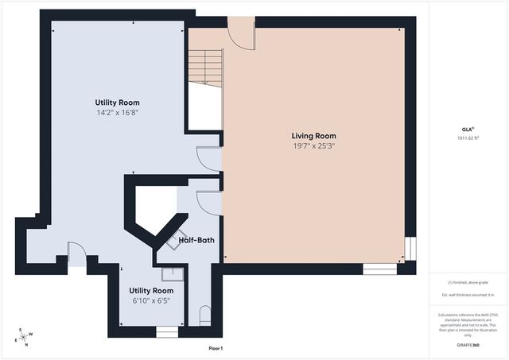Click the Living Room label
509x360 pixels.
pyautogui.click(x=314, y=136)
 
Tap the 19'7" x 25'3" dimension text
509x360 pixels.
pyautogui.click(x=314, y=146)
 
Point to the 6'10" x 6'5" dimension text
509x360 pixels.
pyautogui.click(x=151, y=301)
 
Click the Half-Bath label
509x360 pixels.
pyautogui.click(x=196, y=240)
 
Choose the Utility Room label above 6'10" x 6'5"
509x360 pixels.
pyautogui.click(x=151, y=291)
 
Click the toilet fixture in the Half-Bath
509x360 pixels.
pyautogui.click(x=205, y=315)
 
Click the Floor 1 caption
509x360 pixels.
pyautogui.click(x=216, y=348)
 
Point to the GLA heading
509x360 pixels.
pyautogui.click(x=468, y=129)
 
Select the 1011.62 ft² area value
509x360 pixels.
pyautogui.click(x=468, y=138)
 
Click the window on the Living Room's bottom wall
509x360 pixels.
pyautogui.click(x=380, y=269)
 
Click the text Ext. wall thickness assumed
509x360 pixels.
pyautogui.click(x=468, y=295)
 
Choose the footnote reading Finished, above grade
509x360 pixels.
pyautogui.click(x=468, y=282)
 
